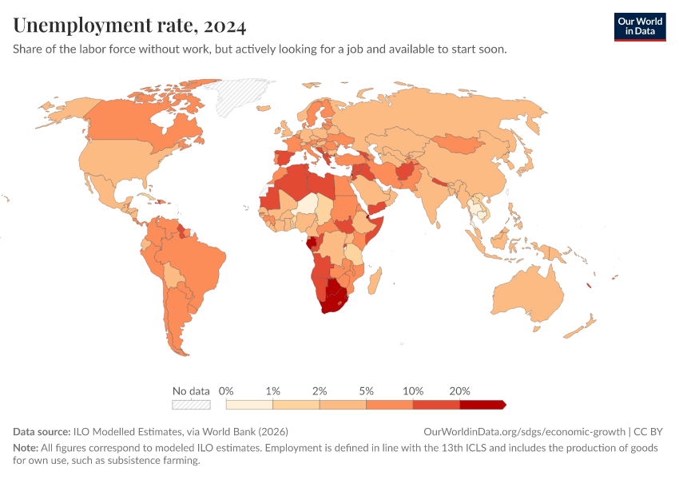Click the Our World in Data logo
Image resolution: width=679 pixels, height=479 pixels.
tap(639, 26)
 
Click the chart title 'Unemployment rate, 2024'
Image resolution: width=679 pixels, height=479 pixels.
tap(130, 26)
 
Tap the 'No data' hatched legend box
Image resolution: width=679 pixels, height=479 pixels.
tap(191, 405)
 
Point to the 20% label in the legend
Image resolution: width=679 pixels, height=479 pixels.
tap(459, 391)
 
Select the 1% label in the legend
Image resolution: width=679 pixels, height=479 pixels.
tap(272, 391)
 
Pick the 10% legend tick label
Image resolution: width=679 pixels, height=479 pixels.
tap(412, 391)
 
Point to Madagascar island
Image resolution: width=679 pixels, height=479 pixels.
tap(374, 279)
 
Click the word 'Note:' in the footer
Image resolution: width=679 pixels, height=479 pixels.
tap(26, 448)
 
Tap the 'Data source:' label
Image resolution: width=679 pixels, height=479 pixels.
tap(42, 431)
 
